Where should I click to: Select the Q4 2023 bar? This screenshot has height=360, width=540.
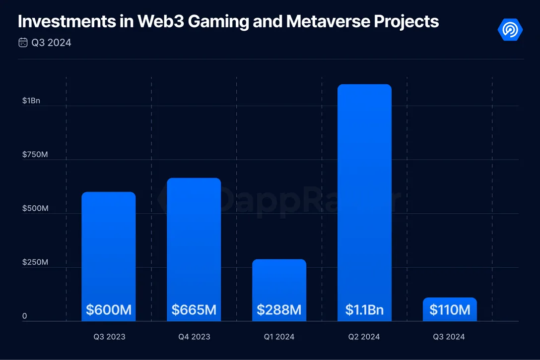click(x=194, y=238)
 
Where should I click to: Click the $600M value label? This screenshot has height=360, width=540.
click(x=109, y=310)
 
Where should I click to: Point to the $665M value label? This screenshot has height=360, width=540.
click(x=194, y=310)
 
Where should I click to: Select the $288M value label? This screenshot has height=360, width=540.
click(x=279, y=310)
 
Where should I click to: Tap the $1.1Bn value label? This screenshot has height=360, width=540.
click(x=364, y=310)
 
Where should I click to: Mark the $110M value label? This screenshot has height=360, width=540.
click(x=450, y=310)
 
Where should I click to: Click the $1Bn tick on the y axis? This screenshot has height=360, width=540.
click(x=31, y=101)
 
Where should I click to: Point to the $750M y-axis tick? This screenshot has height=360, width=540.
click(x=35, y=155)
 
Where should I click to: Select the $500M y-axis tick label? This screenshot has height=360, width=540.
click(x=35, y=208)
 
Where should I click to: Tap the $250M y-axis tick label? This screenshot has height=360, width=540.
click(x=35, y=262)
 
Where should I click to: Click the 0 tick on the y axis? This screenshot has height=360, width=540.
click(x=24, y=316)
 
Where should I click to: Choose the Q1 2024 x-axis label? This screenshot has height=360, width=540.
click(x=279, y=337)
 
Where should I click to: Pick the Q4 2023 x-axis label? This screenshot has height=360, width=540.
click(x=194, y=337)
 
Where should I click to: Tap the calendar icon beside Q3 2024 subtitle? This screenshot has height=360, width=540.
click(x=23, y=43)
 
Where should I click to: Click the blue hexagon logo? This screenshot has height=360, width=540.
click(x=510, y=30)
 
